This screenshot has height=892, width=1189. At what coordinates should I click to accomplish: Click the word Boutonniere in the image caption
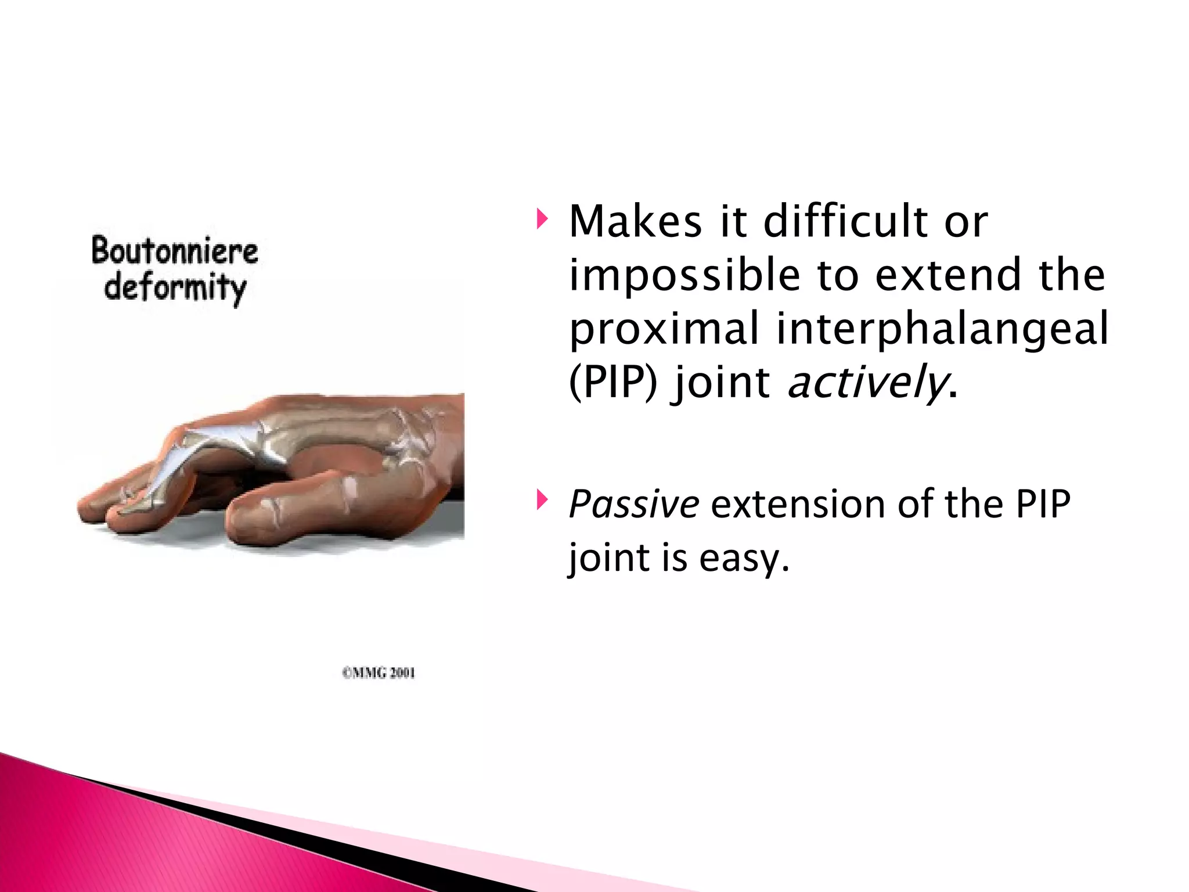[175, 251]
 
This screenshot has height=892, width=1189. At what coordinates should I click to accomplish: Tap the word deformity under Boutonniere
[175, 288]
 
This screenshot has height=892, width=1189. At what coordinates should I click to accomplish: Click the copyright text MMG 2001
[379, 673]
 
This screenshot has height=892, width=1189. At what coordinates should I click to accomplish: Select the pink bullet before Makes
[542, 220]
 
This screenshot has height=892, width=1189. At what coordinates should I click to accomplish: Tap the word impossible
[684, 275]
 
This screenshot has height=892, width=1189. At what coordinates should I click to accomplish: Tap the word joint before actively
[720, 383]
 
